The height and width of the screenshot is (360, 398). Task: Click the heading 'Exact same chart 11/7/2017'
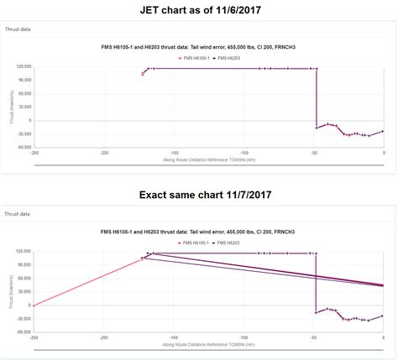pyautogui.click(x=199, y=195)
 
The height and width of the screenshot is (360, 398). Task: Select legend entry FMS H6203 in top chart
pyautogui.click(x=228, y=58)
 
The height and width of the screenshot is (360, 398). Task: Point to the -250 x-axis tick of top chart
pyautogui.click(x=34, y=153)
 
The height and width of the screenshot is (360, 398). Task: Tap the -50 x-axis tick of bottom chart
pyautogui.click(x=314, y=338)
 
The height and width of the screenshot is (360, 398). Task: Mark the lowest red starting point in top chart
pyautogui.click(x=143, y=75)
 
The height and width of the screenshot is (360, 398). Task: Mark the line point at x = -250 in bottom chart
pyautogui.click(x=34, y=305)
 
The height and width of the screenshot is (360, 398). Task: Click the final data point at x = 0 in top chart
pyautogui.click(x=384, y=131)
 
